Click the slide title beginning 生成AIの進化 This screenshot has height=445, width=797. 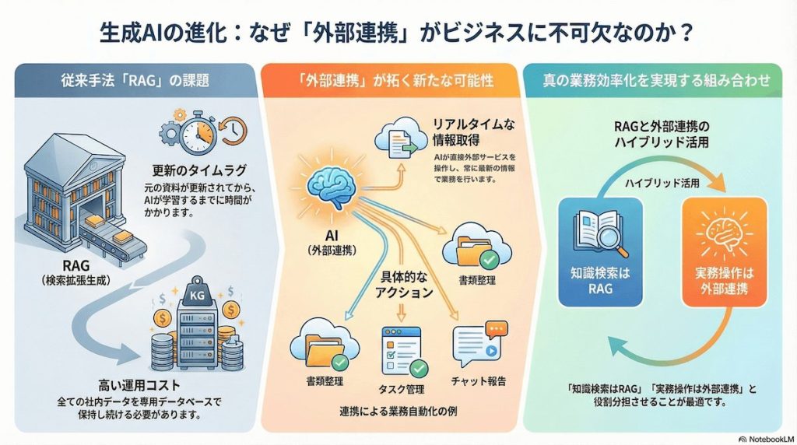398,33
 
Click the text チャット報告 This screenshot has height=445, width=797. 478,381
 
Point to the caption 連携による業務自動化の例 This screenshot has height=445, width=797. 398,410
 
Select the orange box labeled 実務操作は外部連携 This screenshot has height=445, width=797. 720,254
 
